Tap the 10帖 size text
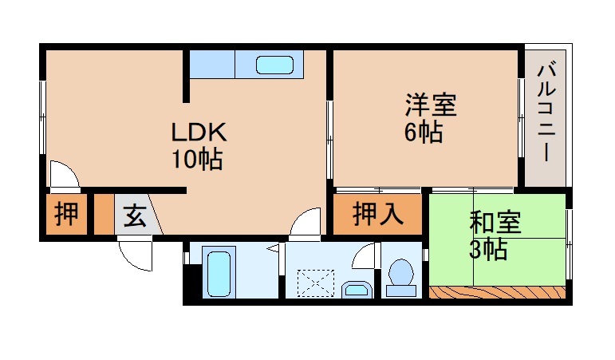195,160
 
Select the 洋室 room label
430,105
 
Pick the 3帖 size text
487,249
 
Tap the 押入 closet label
376,215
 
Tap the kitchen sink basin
275,64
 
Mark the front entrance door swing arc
134,252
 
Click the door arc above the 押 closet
61,175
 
